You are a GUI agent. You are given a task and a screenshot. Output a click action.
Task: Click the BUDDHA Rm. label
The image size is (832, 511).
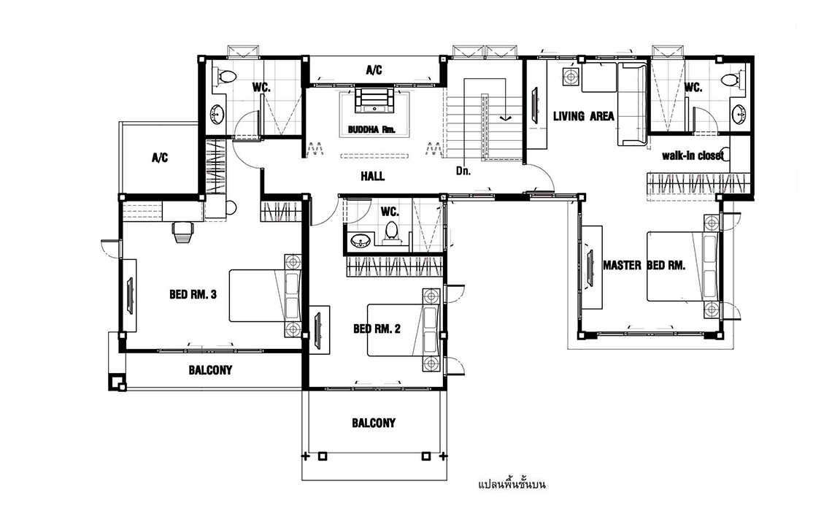click(371, 129)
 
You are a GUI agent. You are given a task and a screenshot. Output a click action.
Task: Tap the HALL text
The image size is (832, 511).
click(372, 176)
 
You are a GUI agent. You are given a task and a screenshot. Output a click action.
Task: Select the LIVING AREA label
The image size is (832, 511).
click(583, 116)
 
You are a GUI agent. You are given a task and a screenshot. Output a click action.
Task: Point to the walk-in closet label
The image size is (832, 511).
click(693, 155)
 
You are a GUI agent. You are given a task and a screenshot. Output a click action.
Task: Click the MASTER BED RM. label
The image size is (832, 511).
click(644, 265)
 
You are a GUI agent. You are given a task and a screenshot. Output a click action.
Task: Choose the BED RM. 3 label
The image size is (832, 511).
click(193, 294)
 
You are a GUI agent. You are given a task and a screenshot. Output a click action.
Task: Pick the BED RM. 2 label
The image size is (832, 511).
click(377, 329)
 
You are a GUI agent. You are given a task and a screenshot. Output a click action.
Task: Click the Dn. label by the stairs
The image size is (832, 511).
click(463, 171)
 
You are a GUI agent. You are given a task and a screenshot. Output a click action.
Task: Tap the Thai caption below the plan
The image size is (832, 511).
click(512, 484)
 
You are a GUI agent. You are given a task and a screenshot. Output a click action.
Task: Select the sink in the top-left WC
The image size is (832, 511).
click(217, 113)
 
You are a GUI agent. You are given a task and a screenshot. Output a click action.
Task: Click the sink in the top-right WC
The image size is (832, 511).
click(739, 113)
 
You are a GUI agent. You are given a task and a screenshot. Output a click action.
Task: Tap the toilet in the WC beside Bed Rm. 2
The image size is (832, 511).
click(392, 233)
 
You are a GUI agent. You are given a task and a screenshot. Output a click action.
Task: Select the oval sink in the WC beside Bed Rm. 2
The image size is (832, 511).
click(361, 242)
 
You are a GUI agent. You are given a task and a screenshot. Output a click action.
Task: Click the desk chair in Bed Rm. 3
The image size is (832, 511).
click(182, 231)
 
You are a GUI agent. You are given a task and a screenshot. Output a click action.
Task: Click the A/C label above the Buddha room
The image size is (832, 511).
click(374, 70)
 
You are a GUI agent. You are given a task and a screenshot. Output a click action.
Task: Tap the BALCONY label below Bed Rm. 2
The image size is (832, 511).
click(374, 423)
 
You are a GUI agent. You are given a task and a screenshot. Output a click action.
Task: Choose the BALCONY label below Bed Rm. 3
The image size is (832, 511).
click(211, 370)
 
